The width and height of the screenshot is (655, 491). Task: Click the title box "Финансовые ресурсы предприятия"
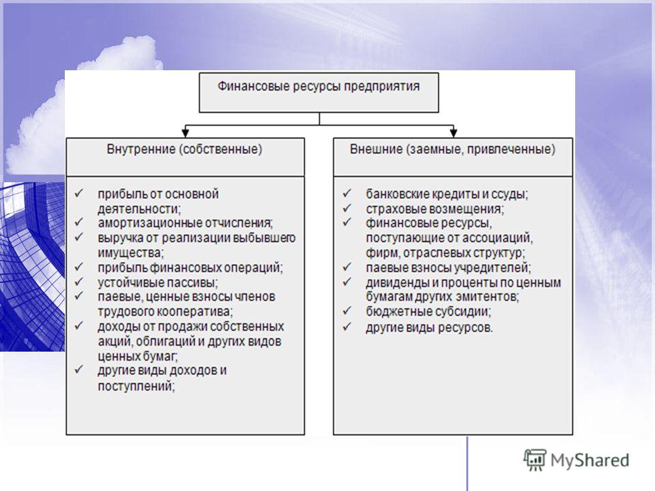point(319,93)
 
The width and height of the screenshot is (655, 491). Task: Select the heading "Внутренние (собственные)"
point(185,149)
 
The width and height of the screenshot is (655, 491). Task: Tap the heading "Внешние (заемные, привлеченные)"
point(452,149)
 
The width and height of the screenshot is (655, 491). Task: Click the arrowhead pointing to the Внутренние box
point(186,133)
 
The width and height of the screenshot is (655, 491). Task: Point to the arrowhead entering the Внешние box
point(453,133)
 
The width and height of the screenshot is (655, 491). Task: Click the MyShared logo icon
point(535,460)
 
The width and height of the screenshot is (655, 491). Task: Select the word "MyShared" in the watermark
point(589,460)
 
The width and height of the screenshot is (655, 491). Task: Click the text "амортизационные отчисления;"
point(185,223)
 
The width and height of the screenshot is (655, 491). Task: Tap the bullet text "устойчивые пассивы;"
point(158,282)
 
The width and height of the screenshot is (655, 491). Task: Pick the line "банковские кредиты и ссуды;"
point(447,194)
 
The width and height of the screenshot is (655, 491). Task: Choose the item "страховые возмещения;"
point(435,209)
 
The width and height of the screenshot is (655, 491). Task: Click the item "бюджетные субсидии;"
point(428,312)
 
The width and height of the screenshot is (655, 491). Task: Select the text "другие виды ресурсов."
point(429,327)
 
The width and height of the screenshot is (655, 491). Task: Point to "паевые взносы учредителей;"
point(448,267)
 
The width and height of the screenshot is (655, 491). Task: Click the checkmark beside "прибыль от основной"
point(79,193)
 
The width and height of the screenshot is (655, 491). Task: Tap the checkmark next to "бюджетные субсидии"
point(347,311)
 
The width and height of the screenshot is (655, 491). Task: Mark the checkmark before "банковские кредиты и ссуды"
point(347,193)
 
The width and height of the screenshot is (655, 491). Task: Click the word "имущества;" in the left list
point(131,252)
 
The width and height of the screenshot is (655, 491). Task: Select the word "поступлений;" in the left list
point(136,386)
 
